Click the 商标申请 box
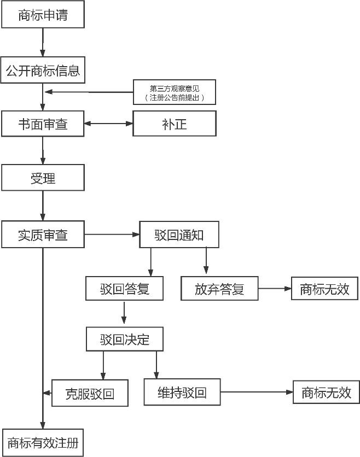[43, 15]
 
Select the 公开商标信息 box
[43, 71]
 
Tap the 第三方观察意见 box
[175, 92]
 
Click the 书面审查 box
[43, 124]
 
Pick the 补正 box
[175, 124]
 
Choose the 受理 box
[43, 178]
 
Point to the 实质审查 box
[43, 235]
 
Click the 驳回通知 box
[179, 235]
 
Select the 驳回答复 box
[124, 288]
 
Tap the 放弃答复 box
[219, 288]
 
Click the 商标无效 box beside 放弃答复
[325, 288]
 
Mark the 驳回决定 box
[124, 339]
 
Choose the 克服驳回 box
[90, 393]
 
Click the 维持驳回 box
[182, 392]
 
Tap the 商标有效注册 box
[43, 442]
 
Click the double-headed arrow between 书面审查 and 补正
[109, 124]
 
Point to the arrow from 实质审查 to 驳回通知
[112, 235]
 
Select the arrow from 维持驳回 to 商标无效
[257, 392]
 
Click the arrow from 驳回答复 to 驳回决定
[124, 313]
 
